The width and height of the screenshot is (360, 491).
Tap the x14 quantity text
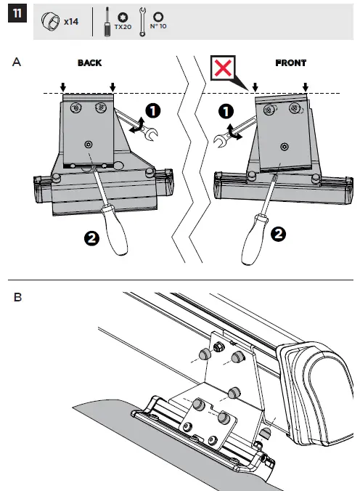71,22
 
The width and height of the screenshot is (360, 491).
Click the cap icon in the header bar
51,21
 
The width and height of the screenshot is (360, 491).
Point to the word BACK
89,63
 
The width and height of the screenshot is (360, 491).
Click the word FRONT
290,63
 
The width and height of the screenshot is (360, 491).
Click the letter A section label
17,63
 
